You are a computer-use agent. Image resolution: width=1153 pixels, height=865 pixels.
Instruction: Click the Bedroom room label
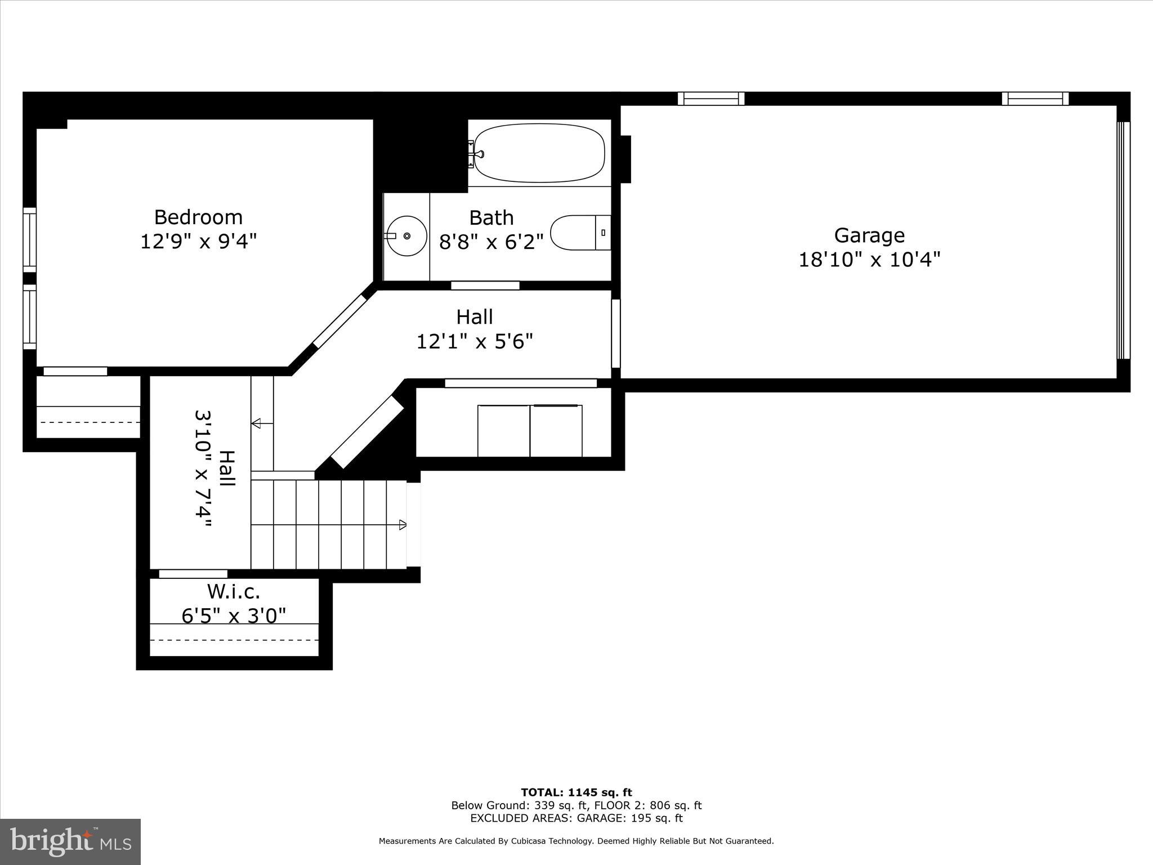point(198,217)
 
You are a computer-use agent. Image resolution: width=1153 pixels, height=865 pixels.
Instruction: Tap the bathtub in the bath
point(539,153)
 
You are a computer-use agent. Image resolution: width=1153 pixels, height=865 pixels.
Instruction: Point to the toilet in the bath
point(580,233)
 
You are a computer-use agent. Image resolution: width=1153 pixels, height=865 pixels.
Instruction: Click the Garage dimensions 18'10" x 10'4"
point(869,260)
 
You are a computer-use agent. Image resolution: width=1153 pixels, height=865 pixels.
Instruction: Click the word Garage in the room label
point(869,235)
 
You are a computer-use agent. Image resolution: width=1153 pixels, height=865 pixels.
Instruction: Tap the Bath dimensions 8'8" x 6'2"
point(491,242)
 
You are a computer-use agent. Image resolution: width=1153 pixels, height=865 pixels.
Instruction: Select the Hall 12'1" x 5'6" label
point(475,329)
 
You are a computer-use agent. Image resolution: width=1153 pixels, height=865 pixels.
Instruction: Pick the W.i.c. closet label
point(234,591)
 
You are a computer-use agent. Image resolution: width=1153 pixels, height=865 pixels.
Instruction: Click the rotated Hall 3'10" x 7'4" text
point(214,469)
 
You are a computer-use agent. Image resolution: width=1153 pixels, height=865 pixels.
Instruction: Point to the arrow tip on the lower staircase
point(402,525)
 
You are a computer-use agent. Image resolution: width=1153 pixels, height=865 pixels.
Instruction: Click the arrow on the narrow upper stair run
point(256,423)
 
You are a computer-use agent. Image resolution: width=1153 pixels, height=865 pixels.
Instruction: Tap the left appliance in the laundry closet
point(503,431)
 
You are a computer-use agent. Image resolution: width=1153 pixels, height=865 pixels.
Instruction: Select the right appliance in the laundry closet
point(556,431)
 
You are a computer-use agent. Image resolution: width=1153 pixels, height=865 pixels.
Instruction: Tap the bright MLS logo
point(70,841)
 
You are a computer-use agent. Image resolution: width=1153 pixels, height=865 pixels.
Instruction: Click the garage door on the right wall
point(1123,240)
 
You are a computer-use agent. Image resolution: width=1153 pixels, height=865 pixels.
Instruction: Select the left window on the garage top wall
point(710,99)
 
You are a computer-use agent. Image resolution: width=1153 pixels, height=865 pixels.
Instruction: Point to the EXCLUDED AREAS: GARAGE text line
point(576,818)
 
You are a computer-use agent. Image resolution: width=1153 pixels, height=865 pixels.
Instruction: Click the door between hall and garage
point(616,333)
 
